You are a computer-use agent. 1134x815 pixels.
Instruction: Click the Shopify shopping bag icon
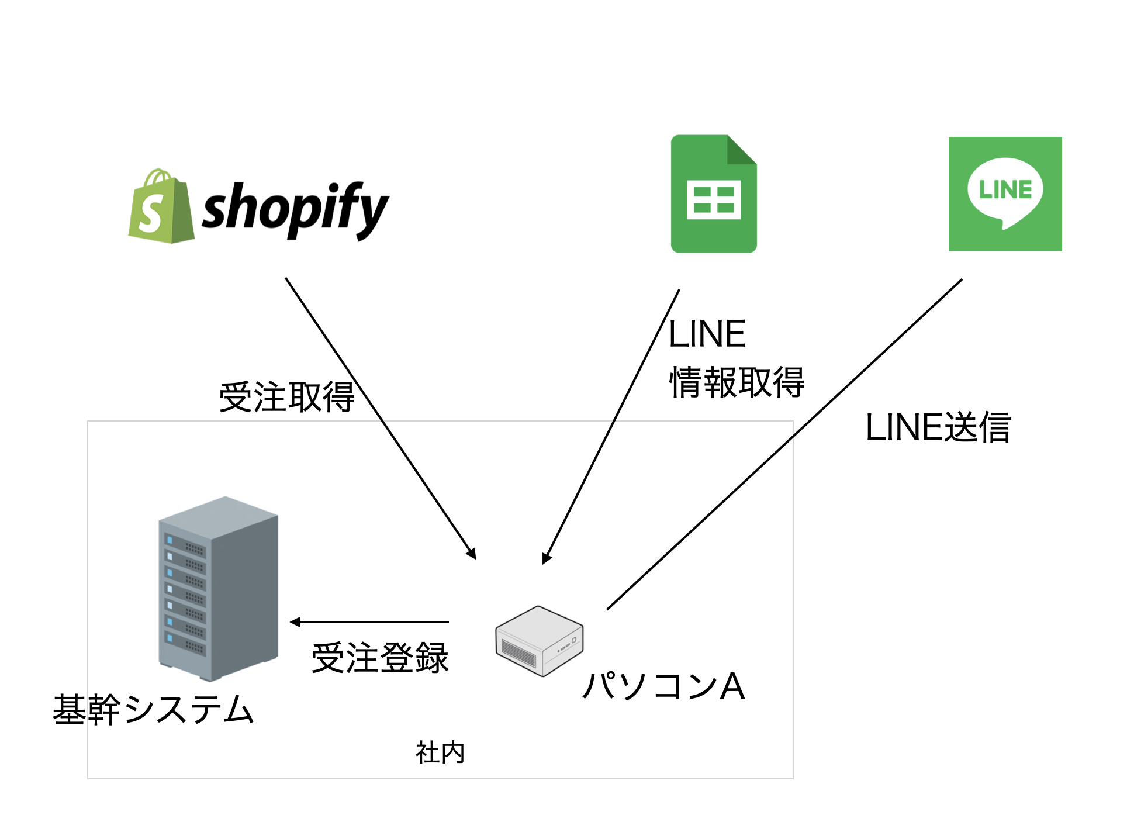[161, 208]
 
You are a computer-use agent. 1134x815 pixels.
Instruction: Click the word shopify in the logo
[295, 209]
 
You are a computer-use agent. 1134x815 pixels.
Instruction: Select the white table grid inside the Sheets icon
[714, 200]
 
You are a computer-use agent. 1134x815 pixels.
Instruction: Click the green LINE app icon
[1005, 194]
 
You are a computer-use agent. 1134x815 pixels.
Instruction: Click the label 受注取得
[286, 397]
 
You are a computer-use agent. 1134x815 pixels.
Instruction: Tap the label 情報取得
[737, 383]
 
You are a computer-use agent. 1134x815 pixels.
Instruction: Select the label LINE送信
[938, 427]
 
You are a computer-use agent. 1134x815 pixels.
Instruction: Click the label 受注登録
[380, 658]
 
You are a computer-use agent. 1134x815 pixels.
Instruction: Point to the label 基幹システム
[153, 710]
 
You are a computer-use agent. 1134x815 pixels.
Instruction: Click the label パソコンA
[664, 686]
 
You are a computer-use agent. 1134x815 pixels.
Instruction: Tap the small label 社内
[440, 752]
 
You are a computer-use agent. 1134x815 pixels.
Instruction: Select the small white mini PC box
[539, 641]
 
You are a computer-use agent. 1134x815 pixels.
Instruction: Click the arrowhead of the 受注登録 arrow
[295, 622]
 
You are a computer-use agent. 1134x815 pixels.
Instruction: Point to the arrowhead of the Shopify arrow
[472, 554]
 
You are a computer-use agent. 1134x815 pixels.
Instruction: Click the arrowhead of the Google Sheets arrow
[546, 558]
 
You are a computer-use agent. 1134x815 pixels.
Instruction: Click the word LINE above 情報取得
[707, 334]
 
